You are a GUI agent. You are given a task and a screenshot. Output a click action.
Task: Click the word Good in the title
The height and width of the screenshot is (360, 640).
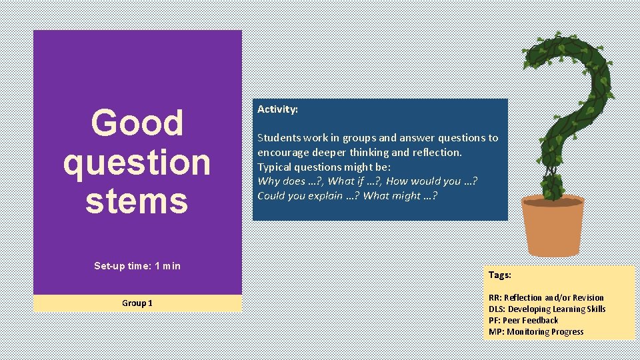[x=137, y=123]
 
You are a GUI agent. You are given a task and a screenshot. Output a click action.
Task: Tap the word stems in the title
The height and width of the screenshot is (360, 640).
[x=137, y=201]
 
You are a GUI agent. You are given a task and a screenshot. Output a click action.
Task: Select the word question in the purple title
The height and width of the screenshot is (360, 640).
[x=137, y=162]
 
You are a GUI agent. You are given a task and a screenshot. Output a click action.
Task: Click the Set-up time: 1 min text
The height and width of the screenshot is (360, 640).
[x=137, y=266]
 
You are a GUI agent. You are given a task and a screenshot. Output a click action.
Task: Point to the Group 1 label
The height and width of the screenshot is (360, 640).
[x=137, y=303]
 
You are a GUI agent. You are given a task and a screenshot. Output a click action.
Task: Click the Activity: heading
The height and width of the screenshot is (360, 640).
[x=277, y=109]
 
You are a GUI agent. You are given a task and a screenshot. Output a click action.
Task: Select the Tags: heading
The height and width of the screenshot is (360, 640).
[x=499, y=275]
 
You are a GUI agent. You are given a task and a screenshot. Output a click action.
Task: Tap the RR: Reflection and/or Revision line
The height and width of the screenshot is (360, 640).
[x=546, y=297]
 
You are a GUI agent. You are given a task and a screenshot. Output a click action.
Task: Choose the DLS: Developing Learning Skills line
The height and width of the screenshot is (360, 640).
[x=547, y=309]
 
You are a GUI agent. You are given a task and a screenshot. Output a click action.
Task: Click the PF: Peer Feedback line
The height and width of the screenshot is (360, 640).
[x=523, y=320]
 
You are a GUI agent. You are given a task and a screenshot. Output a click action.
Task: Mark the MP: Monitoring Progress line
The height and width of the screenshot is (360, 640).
[x=535, y=331]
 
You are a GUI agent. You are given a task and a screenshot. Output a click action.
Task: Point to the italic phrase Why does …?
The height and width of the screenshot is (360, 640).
[x=290, y=181]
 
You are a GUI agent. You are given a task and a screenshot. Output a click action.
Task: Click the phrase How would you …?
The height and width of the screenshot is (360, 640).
[x=431, y=181]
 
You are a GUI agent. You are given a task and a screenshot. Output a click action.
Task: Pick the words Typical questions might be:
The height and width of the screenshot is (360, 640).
[x=324, y=167]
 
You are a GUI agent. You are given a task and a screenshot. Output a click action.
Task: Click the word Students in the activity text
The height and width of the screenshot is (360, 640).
[x=279, y=138]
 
